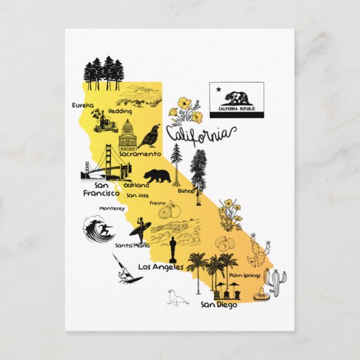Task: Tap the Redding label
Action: tap(120, 111)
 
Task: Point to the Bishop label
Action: tap(186, 192)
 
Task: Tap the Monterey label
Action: tap(112, 208)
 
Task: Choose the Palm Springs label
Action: tap(245, 275)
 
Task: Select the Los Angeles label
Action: tap(161, 267)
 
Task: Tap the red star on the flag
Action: tap(217, 88)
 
